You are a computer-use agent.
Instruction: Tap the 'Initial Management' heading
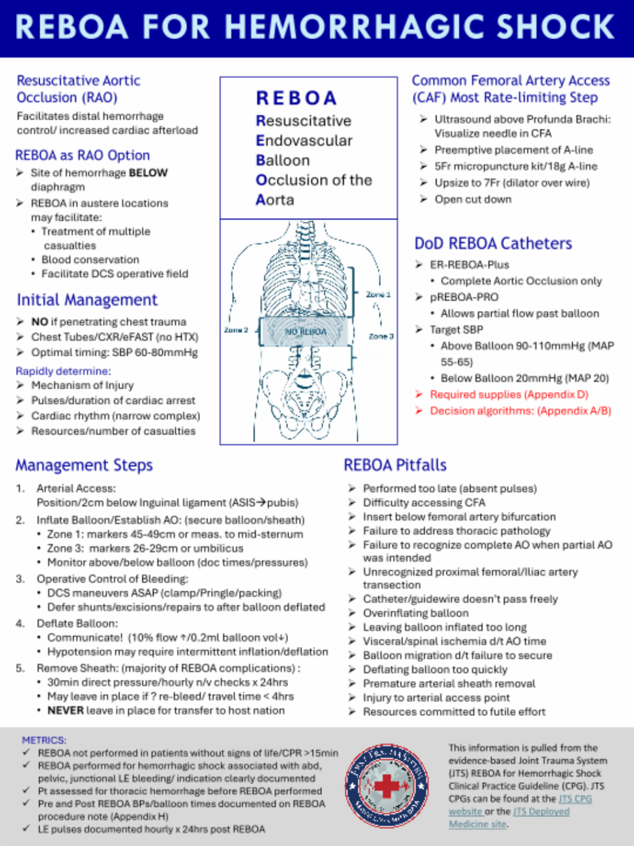[87, 300]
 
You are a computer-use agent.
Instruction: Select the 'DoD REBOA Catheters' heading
[493, 243]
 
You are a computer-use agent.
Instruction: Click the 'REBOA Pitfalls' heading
[395, 465]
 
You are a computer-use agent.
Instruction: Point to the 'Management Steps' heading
[84, 465]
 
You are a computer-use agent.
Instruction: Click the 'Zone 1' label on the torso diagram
[378, 294]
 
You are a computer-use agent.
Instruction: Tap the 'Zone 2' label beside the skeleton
[236, 330]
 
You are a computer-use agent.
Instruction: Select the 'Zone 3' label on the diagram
[381, 336]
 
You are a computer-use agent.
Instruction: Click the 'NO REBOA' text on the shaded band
[305, 332]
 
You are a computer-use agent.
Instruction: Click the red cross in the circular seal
[386, 786]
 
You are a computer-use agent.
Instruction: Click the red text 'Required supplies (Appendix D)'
[509, 394]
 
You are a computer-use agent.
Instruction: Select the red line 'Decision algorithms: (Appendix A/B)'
[520, 410]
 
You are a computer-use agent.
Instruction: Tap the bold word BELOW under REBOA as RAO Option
[147, 173]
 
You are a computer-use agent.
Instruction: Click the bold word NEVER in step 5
[65, 710]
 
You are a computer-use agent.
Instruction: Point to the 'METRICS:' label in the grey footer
[44, 740]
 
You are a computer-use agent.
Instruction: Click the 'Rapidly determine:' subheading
[63, 371]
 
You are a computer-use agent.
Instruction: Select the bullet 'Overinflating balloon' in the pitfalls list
[415, 613]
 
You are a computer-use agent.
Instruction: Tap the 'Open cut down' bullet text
[472, 199]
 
